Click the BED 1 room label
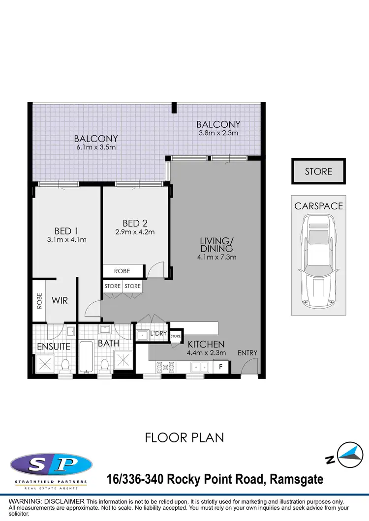[x=66, y=231]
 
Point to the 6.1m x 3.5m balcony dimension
[x=95, y=147]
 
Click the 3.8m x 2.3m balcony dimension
[x=218, y=133]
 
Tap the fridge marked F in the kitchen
[x=221, y=366]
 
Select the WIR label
[x=60, y=299]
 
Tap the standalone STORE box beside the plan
[x=318, y=172]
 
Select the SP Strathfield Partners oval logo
[x=51, y=463]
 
